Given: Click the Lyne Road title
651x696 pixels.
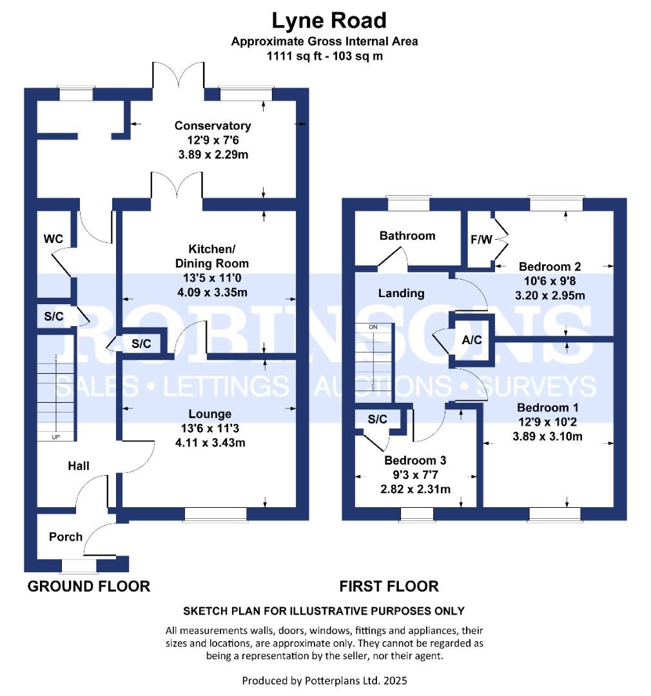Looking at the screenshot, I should (329, 21).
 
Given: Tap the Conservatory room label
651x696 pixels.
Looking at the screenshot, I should (213, 125).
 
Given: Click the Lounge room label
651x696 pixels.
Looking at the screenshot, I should (209, 414).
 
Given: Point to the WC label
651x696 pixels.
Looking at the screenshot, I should (53, 239).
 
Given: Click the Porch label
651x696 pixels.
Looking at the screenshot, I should (66, 537).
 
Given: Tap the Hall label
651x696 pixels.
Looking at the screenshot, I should (79, 466).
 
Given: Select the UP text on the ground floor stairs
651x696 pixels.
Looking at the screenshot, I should (55, 437).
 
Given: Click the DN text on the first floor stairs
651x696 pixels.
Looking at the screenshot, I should (373, 327).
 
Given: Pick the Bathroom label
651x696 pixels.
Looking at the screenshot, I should (407, 236).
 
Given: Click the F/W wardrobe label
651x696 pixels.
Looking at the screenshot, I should (481, 240).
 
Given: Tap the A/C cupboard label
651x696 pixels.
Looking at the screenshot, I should (472, 340).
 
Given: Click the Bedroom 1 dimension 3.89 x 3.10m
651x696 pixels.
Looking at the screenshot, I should (547, 436).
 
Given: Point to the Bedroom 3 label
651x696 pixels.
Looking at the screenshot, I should (415, 461).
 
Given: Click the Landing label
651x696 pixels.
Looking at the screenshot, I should (401, 293).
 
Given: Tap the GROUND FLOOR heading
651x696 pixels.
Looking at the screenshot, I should (89, 586).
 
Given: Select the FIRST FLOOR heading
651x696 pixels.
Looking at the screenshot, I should (389, 586).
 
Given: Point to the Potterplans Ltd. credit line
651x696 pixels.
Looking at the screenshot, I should (325, 680).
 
